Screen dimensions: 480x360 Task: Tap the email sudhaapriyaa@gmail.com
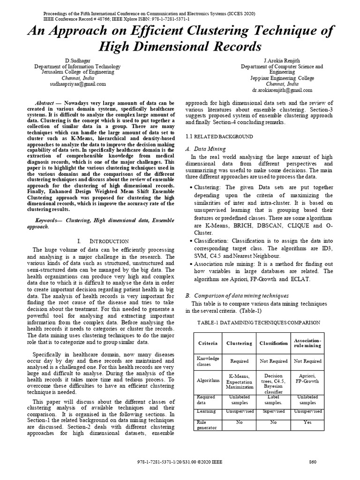click(x=78, y=84)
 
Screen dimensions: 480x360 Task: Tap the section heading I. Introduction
click(x=103, y=240)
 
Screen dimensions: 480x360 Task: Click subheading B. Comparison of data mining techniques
click(x=237, y=296)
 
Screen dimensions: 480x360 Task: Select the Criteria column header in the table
click(x=208, y=344)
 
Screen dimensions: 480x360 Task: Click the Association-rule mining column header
click(x=307, y=343)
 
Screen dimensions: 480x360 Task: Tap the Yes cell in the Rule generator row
click(x=307, y=422)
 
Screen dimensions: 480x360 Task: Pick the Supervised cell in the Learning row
click(x=273, y=411)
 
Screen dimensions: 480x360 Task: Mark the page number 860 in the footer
click(x=313, y=462)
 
